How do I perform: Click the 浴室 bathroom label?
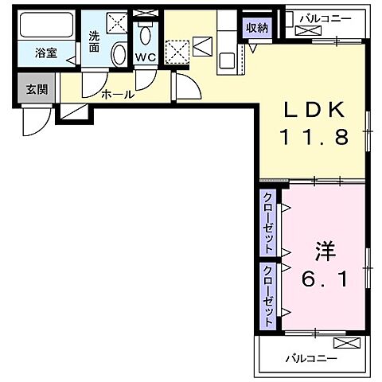[45, 54]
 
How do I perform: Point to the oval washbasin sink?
[118, 54]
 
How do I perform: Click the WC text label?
[144, 57]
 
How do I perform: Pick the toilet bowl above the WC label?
[145, 36]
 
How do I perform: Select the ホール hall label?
[117, 95]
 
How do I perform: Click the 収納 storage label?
[256, 28]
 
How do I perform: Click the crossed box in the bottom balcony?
[346, 343]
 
